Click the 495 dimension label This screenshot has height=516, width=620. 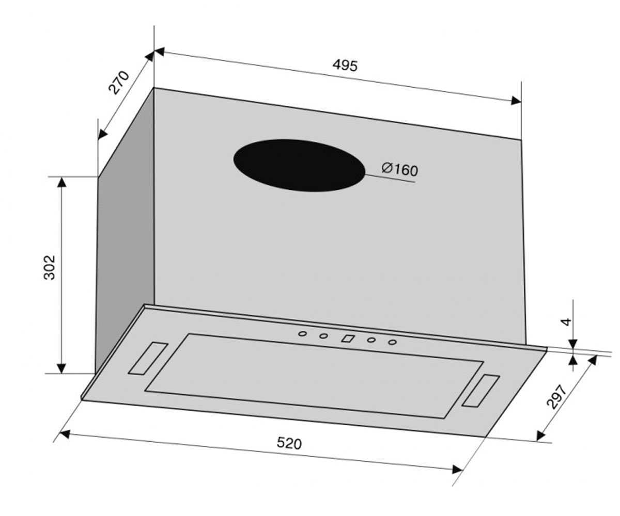pos(345,65)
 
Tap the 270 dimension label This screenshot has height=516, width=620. pos(119,83)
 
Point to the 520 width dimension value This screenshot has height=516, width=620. pos(289,443)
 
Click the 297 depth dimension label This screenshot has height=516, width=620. pos(556,397)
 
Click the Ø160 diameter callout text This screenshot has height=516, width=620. pos(400,169)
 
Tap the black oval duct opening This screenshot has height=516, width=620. pos(299,165)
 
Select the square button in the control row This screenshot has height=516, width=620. pos(348,338)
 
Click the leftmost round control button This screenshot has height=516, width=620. pos(302,334)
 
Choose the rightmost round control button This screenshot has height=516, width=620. pos(393,342)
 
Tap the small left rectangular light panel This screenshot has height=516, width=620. pos(148,358)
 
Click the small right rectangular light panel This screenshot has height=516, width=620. pos(481,391)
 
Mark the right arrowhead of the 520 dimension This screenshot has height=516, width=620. pos(457,469)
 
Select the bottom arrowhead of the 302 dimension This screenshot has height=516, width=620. pos(61,368)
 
